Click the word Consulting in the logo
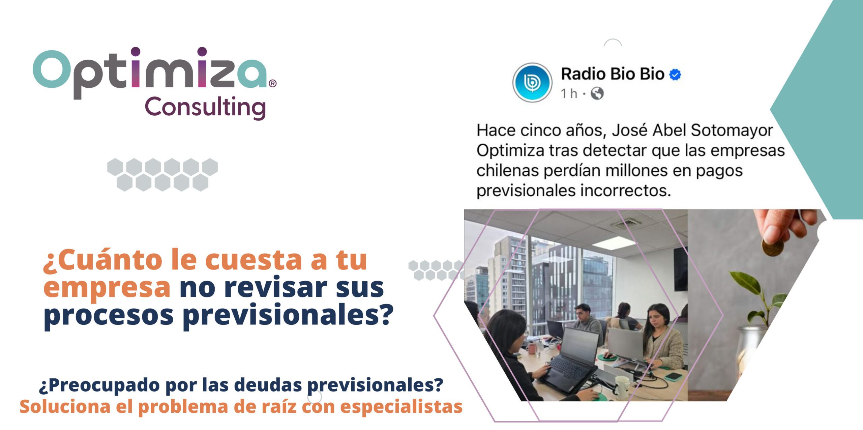205,107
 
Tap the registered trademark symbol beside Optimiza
273,83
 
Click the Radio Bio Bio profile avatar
532,82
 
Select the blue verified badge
675,75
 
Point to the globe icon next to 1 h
597,93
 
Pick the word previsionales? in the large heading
288,315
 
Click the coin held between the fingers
772,248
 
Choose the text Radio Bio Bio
613,74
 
